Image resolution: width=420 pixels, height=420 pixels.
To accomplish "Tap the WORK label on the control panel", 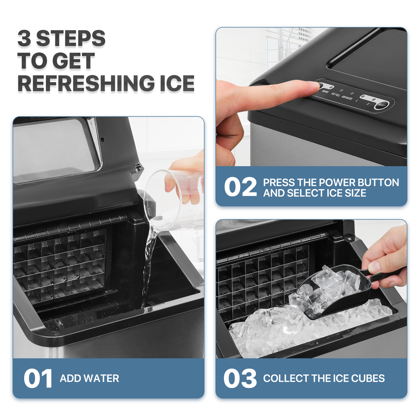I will [x=325, y=92].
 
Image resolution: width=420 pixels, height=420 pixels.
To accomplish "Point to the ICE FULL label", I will [x=335, y=95].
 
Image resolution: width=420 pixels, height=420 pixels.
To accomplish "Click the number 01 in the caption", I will [x=38, y=378].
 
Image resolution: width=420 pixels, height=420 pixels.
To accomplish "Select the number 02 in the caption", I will [x=240, y=187].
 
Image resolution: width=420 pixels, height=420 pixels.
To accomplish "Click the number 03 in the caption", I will [x=240, y=378].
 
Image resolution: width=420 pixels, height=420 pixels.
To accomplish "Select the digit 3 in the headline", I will [x=24, y=38].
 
